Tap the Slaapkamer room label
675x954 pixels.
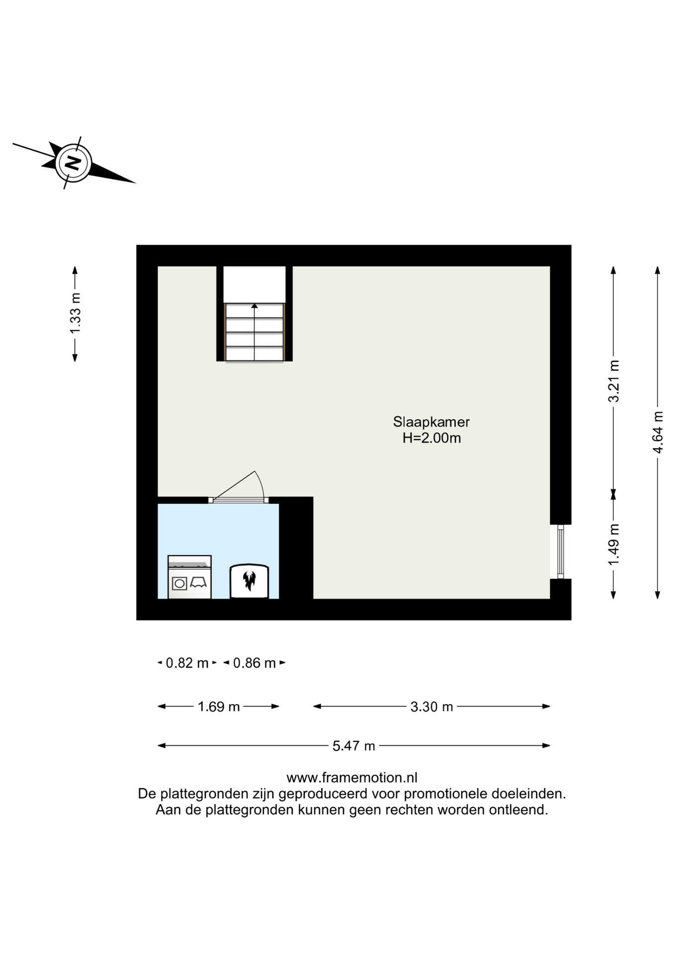(x=431, y=422)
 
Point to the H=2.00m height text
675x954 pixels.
(x=431, y=438)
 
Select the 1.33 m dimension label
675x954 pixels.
(x=75, y=314)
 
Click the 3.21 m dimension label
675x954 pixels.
(x=614, y=381)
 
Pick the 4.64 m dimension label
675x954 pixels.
(x=658, y=432)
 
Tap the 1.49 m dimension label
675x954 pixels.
(x=614, y=544)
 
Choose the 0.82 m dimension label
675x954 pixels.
(x=187, y=663)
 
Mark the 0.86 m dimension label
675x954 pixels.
(x=254, y=663)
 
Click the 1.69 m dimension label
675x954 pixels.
(x=219, y=706)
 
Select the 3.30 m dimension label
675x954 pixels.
(x=431, y=706)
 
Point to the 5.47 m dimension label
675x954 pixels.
(x=354, y=745)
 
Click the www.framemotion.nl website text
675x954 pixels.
(x=352, y=777)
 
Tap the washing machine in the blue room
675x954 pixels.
(x=189, y=577)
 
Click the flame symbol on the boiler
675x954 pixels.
(x=249, y=580)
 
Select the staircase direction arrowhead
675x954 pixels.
(x=254, y=306)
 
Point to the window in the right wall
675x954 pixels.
(x=561, y=552)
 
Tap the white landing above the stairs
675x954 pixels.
(x=254, y=284)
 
